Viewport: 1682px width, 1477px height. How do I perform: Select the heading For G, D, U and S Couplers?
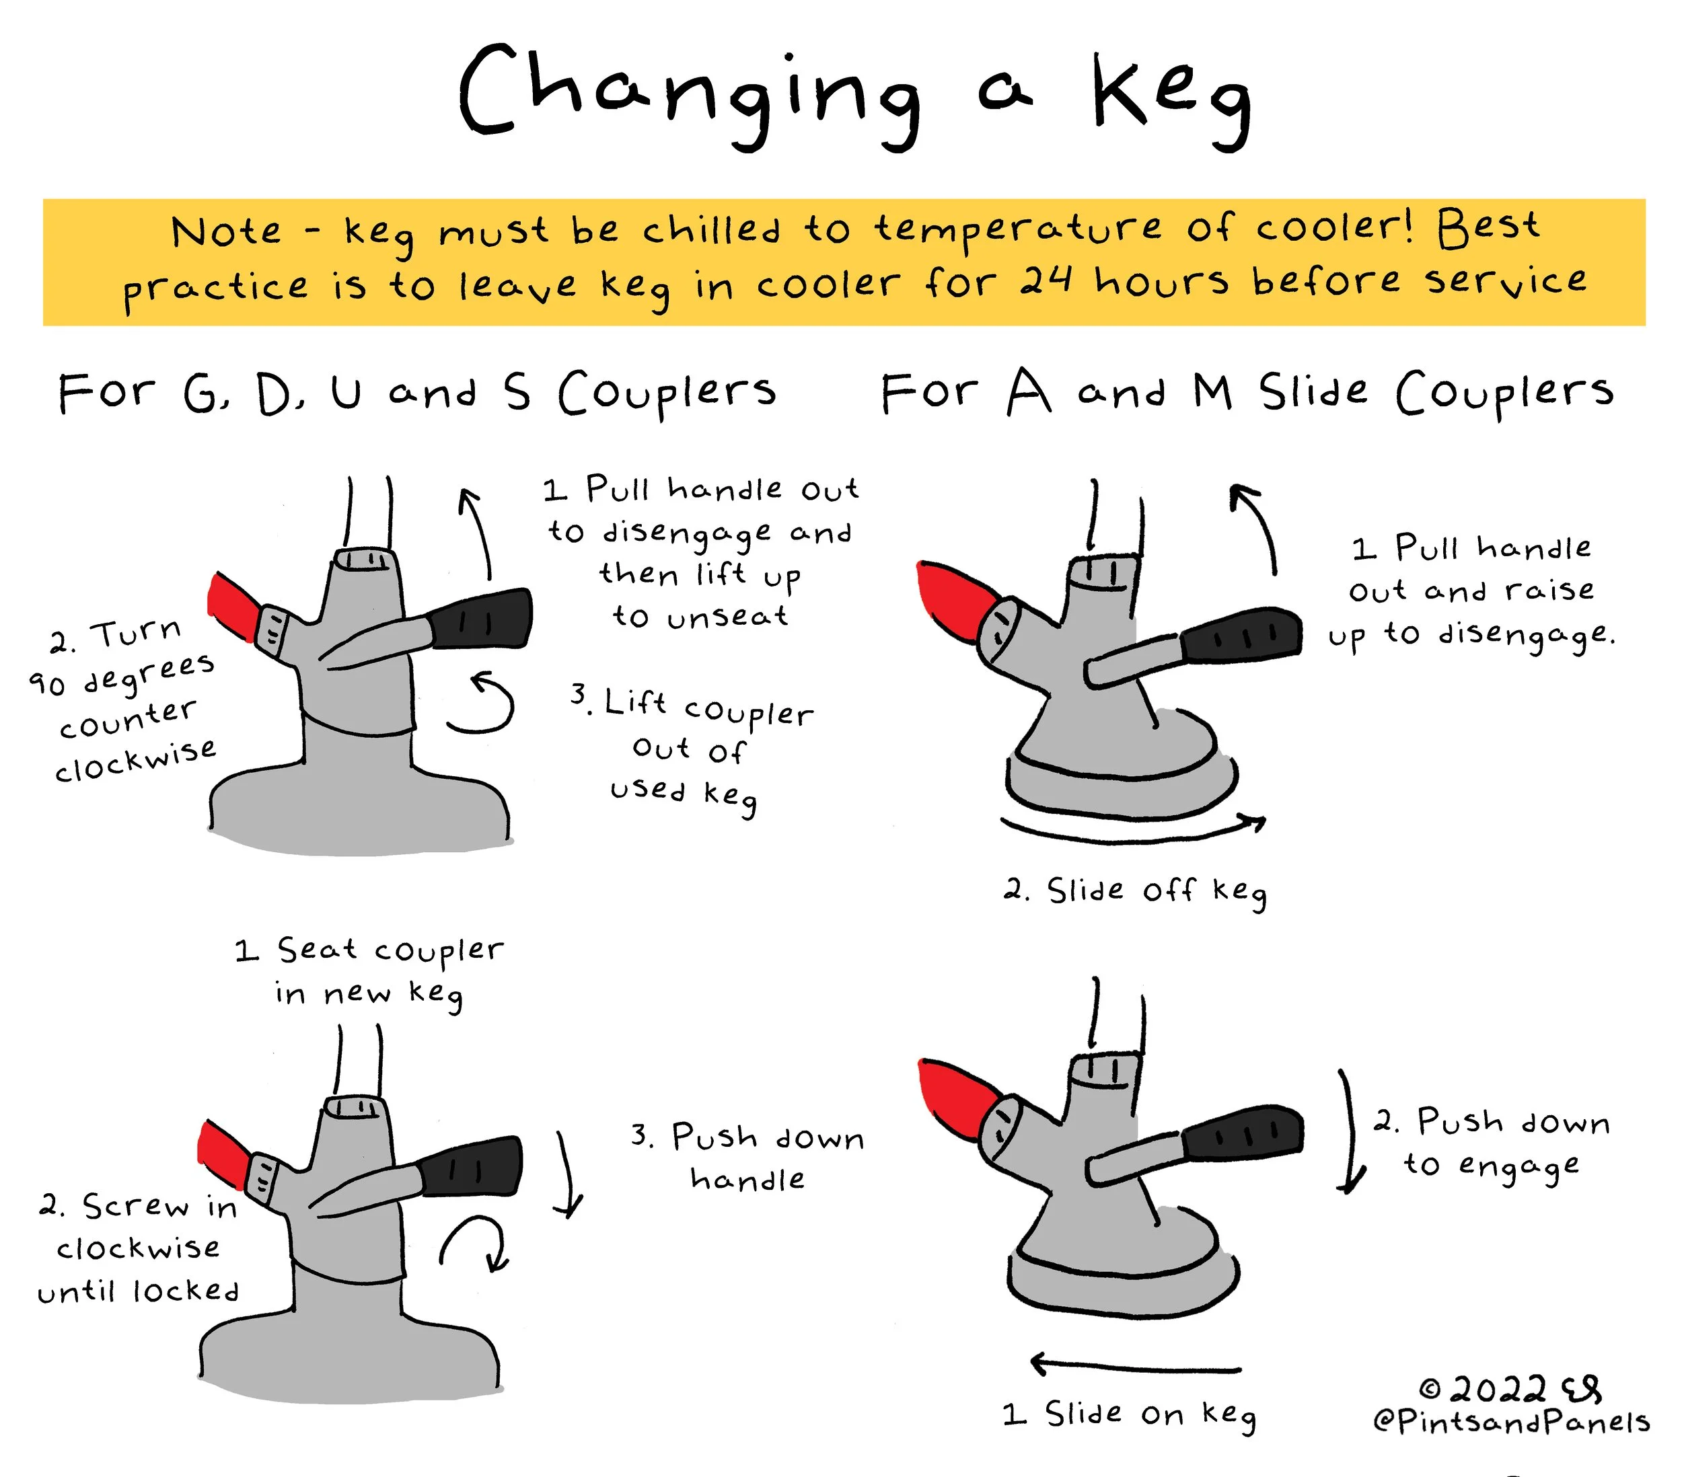coord(417,393)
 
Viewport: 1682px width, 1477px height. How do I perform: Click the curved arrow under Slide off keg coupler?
coord(1133,829)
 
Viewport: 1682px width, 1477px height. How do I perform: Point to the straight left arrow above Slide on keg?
coord(1136,1367)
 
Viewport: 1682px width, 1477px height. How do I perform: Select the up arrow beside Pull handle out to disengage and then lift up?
coord(477,533)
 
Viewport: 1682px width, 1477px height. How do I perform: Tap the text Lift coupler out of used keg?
coord(691,749)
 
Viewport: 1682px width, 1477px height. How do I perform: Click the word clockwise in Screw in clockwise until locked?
coord(138,1248)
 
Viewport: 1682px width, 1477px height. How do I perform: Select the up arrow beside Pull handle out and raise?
coord(1259,527)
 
